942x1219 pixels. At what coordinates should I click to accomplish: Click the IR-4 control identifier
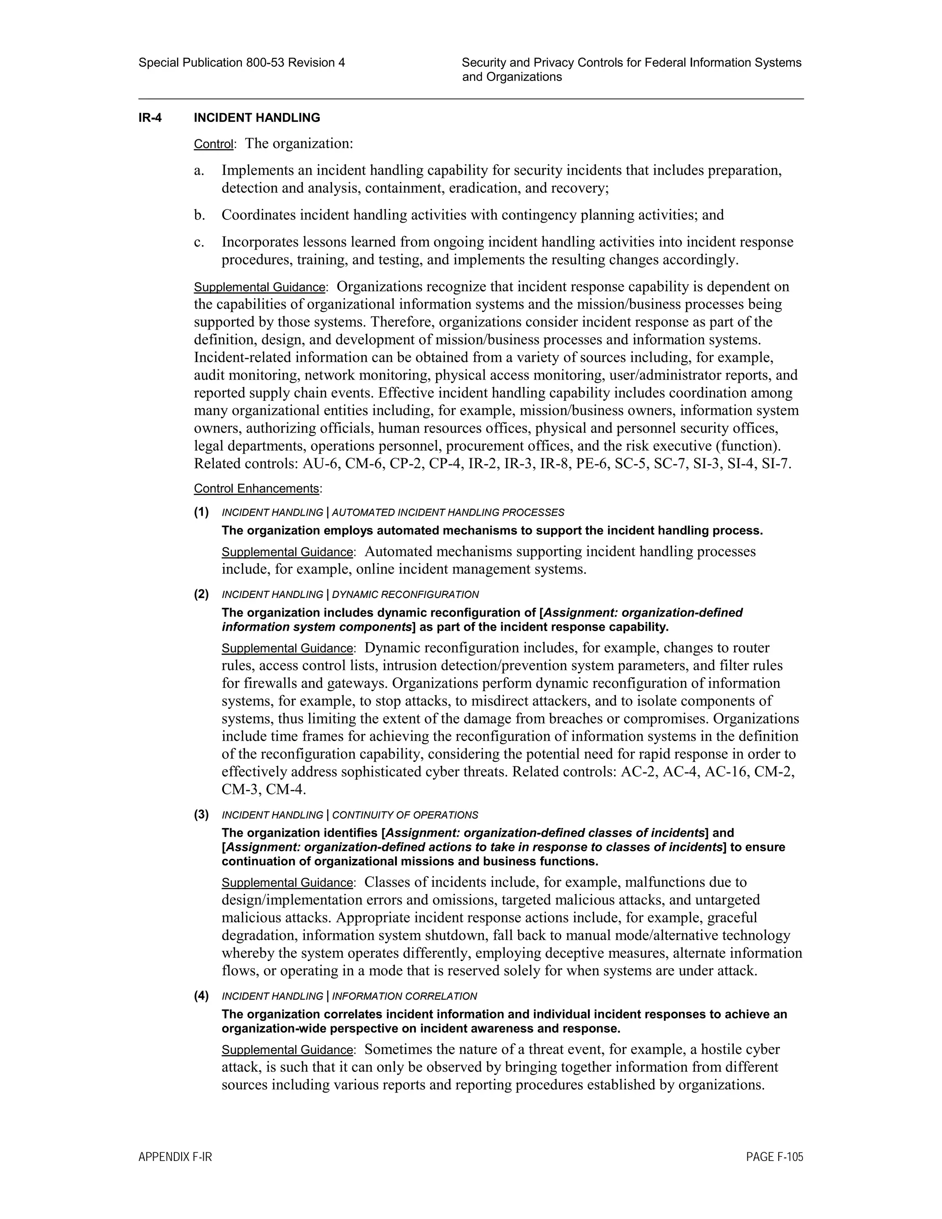coord(150,118)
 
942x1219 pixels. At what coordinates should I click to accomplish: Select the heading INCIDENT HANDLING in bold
coord(257,118)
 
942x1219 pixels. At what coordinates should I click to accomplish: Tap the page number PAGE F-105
coord(775,1157)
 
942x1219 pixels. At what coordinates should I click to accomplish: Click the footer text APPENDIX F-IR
coord(175,1157)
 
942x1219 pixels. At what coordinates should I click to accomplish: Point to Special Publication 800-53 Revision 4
coord(241,63)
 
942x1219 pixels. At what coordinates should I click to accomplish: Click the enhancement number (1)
coord(201,512)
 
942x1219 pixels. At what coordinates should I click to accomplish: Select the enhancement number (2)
coord(201,594)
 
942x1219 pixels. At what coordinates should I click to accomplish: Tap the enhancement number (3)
coord(201,814)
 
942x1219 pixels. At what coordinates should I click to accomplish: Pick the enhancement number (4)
coord(201,996)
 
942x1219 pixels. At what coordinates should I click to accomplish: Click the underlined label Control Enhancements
coord(256,489)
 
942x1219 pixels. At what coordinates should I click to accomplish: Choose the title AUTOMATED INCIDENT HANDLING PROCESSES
coord(448,512)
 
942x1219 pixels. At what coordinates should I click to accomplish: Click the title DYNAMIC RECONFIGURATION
coord(405,594)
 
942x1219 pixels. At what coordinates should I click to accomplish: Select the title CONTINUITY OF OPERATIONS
coord(405,815)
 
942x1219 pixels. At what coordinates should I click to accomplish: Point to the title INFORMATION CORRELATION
coord(405,996)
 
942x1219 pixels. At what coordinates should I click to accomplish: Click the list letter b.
coord(199,215)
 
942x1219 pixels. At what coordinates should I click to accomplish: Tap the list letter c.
coord(199,242)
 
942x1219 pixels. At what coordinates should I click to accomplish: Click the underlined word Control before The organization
coord(213,144)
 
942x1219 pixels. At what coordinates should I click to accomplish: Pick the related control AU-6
coord(322,464)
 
